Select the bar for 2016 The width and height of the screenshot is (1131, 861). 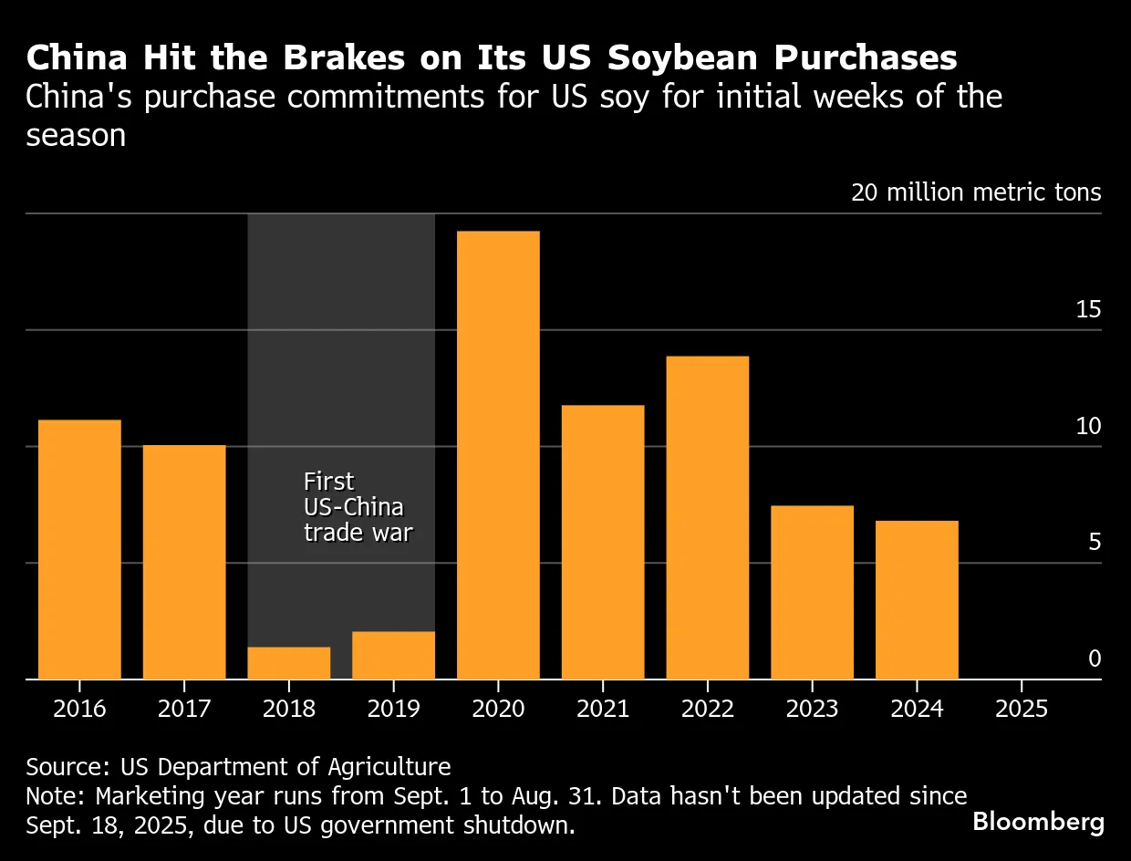pyautogui.click(x=79, y=549)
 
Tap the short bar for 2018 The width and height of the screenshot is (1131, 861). pyautogui.click(x=289, y=663)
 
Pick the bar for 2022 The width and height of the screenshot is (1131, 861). pyautogui.click(x=707, y=517)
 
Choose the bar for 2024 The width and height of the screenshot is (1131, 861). pyautogui.click(x=917, y=599)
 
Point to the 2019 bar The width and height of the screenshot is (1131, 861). pyautogui.click(x=393, y=655)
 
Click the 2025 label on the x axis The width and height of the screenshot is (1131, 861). pyautogui.click(x=1022, y=710)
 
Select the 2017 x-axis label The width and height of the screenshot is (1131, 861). pyautogui.click(x=184, y=710)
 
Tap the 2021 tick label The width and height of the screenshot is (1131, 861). pyautogui.click(x=603, y=710)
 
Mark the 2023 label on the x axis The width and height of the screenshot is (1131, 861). pyautogui.click(x=812, y=710)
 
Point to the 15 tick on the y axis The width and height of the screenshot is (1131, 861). pyautogui.click(x=1088, y=310)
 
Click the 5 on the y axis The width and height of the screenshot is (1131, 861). pyautogui.click(x=1095, y=543)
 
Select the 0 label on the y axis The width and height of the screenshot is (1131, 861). pyautogui.click(x=1095, y=659)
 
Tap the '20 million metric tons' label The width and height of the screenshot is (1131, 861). pyautogui.click(x=976, y=193)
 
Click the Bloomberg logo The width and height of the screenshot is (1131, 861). pyautogui.click(x=1038, y=821)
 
